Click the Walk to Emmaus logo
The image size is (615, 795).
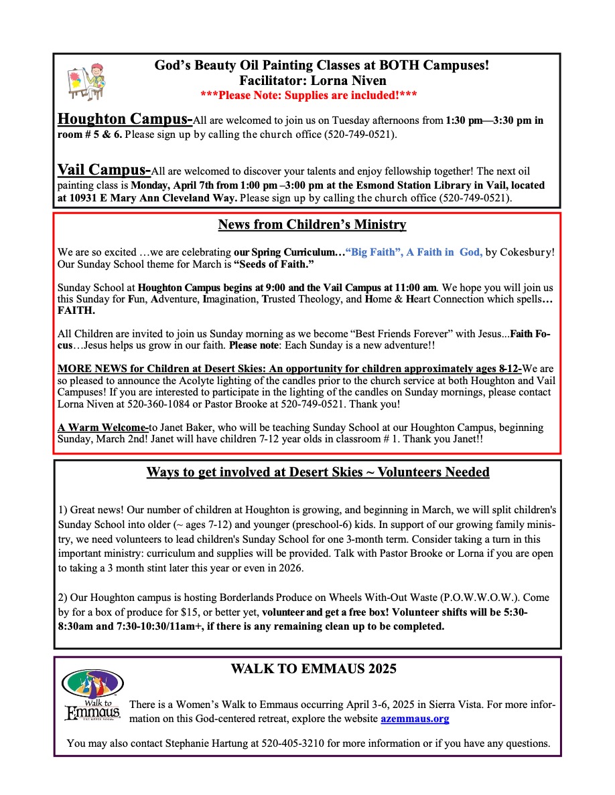coord(92,694)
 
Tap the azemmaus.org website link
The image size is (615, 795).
coord(415,719)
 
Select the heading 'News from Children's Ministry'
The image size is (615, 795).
coord(312,225)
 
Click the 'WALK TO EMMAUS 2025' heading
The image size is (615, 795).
coord(313,669)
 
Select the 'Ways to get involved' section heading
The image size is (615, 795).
coord(318,472)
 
